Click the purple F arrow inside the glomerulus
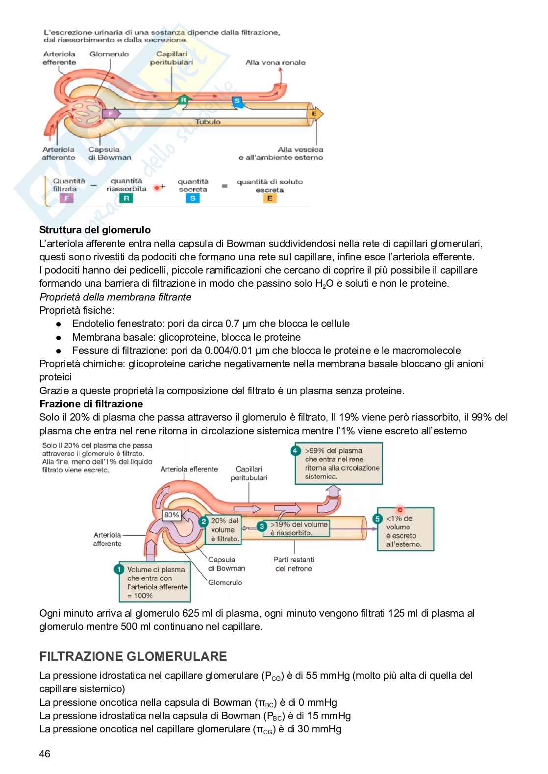click(x=111, y=114)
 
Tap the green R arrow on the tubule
click(x=183, y=100)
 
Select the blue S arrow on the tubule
click(x=237, y=101)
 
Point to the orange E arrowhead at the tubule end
click(x=315, y=114)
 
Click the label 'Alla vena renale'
click(x=275, y=62)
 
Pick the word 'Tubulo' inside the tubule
click(x=208, y=122)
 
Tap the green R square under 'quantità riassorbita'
click(x=126, y=199)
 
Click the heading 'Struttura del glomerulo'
click(x=95, y=230)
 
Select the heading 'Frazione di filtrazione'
click(x=91, y=404)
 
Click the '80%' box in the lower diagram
click(x=172, y=515)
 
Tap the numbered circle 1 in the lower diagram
click(x=119, y=569)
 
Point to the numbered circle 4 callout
click(x=295, y=450)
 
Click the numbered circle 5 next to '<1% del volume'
click(x=377, y=518)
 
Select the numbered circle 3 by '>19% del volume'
click(x=262, y=525)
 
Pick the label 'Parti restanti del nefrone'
click(x=294, y=564)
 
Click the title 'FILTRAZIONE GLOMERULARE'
click(x=133, y=656)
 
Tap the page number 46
click(x=45, y=754)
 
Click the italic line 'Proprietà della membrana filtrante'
click(x=115, y=297)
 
